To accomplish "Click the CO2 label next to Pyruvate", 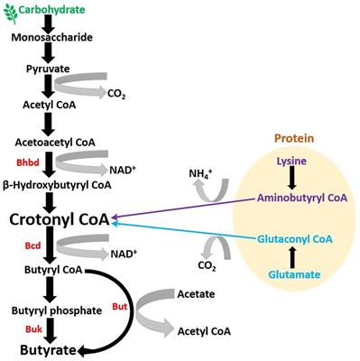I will tap(116, 93).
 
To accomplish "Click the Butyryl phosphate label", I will tap(56, 310).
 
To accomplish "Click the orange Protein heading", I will tap(290, 140).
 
